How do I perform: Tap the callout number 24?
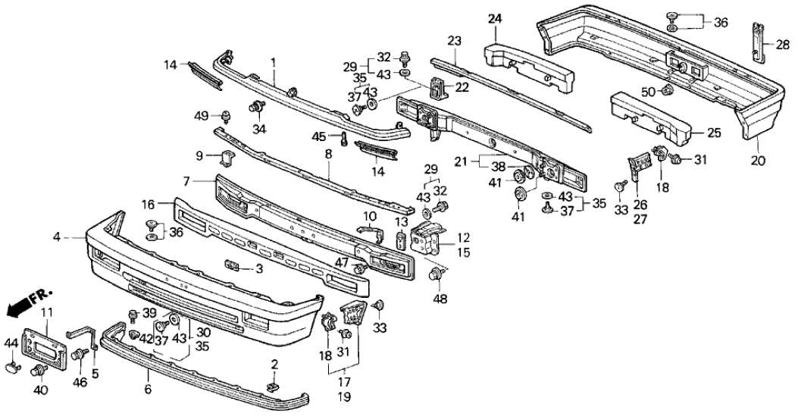pos(494,18)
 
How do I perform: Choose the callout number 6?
pos(148,389)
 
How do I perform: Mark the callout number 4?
pos(56,237)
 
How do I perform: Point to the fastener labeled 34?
pos(257,108)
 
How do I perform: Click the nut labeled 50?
pos(668,92)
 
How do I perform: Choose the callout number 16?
pos(148,204)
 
